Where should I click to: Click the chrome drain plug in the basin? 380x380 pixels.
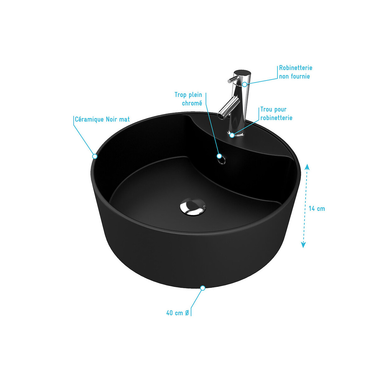[193, 206]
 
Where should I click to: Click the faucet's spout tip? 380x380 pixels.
[221, 116]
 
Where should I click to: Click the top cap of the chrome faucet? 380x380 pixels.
[242, 73]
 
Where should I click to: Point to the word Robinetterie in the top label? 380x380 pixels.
[295, 68]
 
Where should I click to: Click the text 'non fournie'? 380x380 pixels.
[294, 76]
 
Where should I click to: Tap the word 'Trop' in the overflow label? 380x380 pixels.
[180, 95]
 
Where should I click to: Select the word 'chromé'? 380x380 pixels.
[192, 103]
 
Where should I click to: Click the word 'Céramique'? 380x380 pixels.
[89, 119]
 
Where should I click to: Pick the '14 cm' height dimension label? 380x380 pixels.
[317, 209]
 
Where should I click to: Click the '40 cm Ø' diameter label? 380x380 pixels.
[177, 313]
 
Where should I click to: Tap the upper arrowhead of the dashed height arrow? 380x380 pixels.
[307, 167]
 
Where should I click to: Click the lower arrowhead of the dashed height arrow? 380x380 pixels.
[303, 245]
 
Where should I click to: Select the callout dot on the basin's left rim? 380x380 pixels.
[95, 156]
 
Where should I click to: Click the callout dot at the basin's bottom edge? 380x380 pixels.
[203, 288]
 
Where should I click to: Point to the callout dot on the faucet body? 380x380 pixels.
[244, 85]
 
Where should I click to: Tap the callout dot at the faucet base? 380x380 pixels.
[232, 135]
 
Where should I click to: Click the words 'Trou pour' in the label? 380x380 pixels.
[273, 110]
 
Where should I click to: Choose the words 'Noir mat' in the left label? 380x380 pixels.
[118, 119]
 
